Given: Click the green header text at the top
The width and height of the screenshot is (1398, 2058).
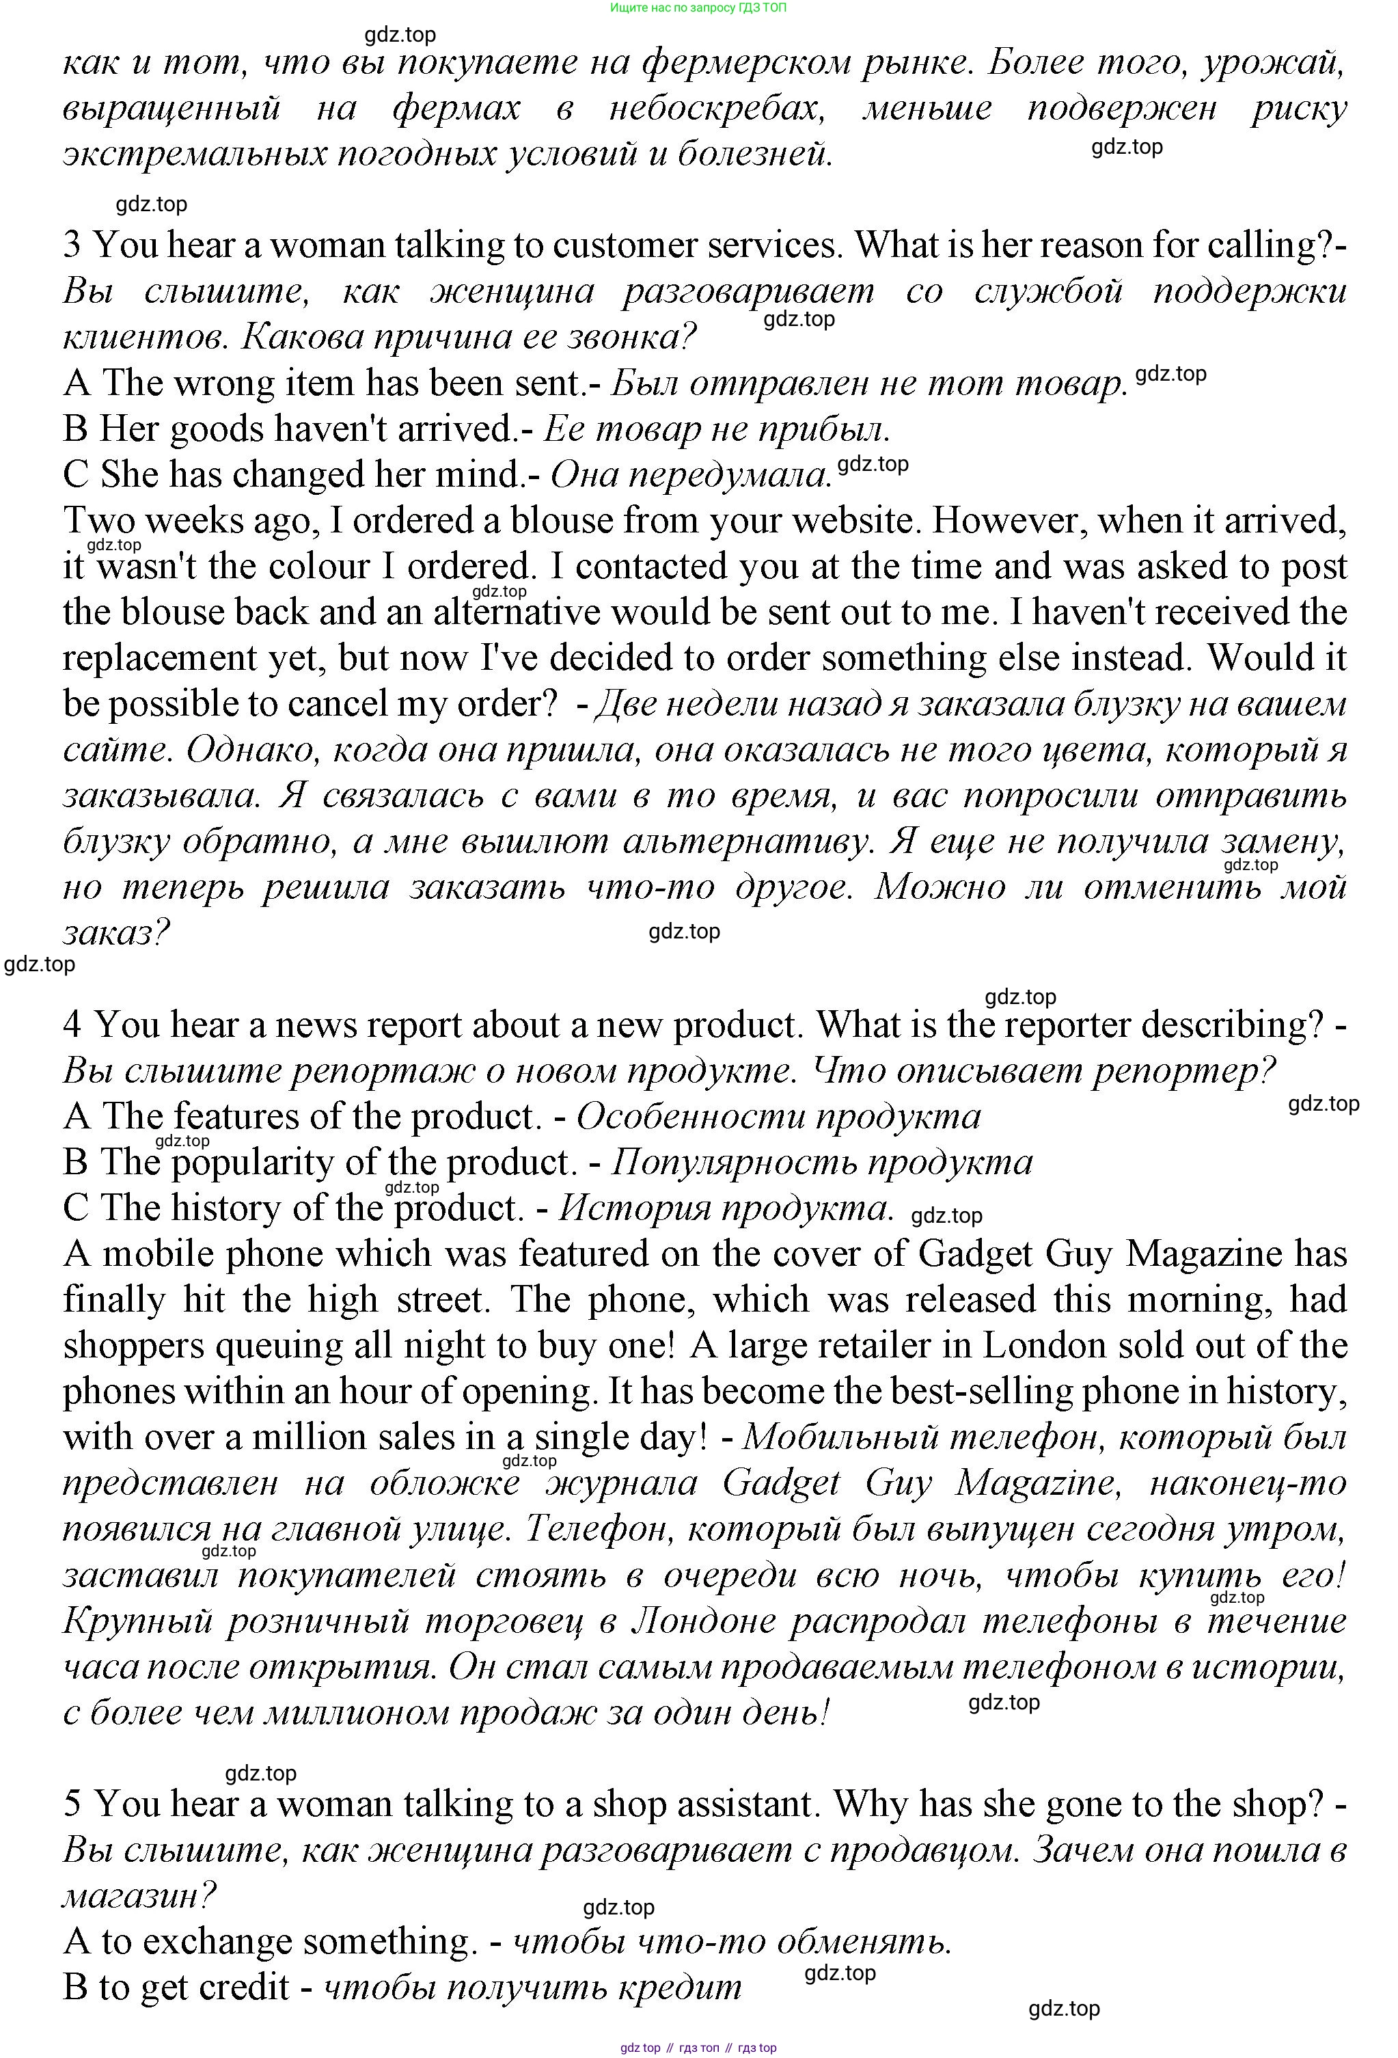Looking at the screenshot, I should point(698,8).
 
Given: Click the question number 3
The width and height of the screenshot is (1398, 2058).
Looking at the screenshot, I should point(72,245).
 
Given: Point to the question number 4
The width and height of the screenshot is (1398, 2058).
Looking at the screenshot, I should point(72,1025).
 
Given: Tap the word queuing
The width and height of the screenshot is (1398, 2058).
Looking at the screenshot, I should point(282,1346).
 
